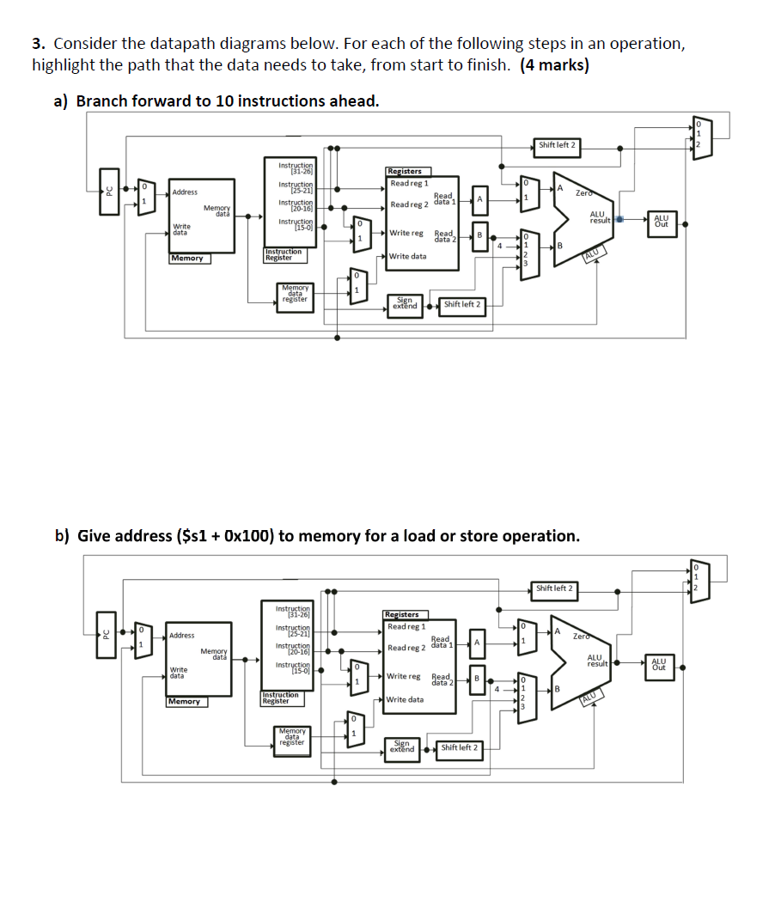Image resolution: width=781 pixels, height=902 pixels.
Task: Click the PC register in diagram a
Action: click(108, 192)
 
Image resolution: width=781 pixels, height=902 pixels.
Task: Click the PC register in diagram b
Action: click(106, 636)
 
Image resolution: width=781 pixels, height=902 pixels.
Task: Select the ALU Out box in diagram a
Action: click(662, 222)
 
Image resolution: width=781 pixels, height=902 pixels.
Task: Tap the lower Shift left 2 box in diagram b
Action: click(460, 747)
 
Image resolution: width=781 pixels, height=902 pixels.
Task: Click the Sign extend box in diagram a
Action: click(405, 304)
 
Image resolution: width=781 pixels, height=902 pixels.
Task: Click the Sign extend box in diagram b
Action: click(402, 747)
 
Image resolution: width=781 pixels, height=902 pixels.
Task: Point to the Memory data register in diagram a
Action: click(295, 293)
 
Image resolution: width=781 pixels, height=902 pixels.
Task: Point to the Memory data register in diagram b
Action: click(292, 736)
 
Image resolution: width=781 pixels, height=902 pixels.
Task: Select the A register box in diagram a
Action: click(479, 199)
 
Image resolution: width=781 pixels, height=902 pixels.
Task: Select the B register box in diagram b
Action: click(477, 678)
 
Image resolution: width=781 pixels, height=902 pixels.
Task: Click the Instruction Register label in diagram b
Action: click(281, 698)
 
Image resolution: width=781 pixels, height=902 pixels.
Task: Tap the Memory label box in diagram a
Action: click(188, 258)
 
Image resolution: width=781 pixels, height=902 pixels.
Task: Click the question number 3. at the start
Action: click(39, 44)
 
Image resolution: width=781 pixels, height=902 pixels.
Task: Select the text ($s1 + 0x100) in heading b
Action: click(225, 536)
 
